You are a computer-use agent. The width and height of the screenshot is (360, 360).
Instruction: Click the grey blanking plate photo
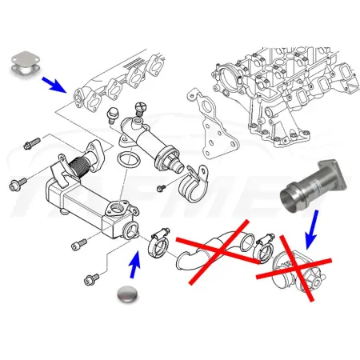coord(27,66)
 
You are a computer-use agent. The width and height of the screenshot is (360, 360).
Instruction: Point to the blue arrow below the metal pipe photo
coord(310,227)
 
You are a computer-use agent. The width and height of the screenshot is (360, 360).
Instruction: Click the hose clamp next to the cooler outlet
coord(158,238)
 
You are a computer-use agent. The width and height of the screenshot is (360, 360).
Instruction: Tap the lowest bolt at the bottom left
coord(89,279)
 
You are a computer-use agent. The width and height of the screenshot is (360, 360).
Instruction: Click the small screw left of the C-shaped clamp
coord(160,187)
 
